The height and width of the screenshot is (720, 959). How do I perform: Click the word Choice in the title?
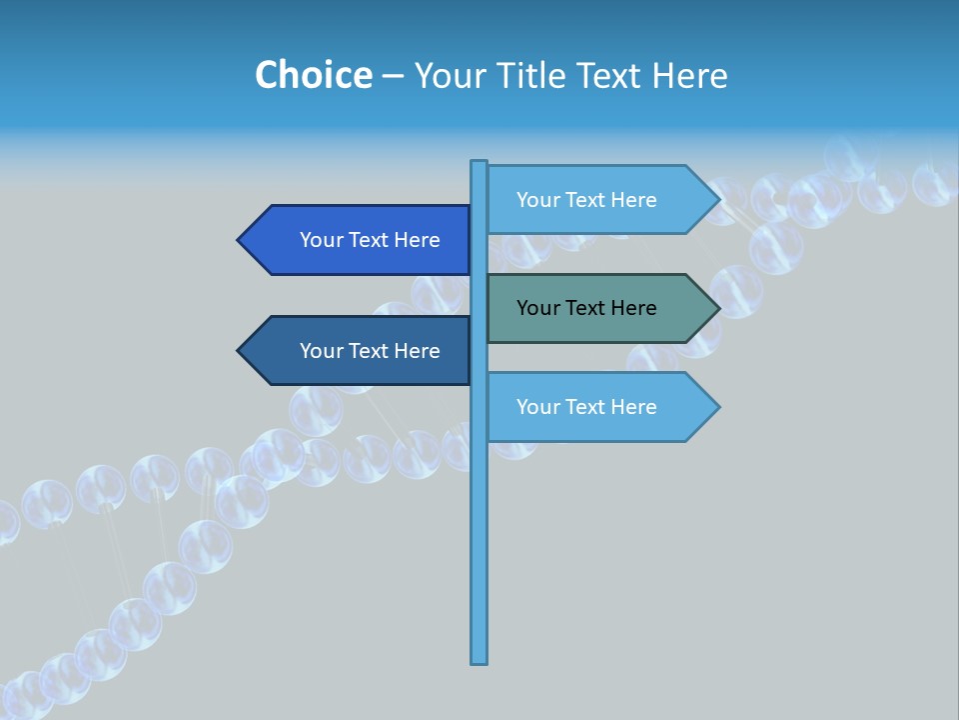click(x=313, y=75)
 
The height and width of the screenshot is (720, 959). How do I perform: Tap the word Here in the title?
click(x=689, y=75)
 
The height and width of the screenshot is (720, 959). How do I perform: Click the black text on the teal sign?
click(x=586, y=308)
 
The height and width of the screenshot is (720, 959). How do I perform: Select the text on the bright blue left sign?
click(x=370, y=240)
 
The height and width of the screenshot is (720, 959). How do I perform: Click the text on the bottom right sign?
click(x=586, y=407)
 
